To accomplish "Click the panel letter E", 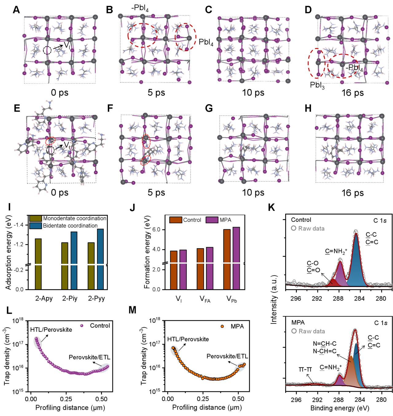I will [x=17, y=108].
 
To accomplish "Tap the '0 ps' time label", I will [x=60, y=192].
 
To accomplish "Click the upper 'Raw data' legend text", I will [x=311, y=228].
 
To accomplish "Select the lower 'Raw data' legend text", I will [x=312, y=331].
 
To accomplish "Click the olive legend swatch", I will [x=36, y=218].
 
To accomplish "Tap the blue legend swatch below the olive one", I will [x=36, y=226].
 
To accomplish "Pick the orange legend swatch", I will [x=176, y=220].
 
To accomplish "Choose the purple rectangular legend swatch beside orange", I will [x=212, y=220].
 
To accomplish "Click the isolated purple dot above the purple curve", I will [x=81, y=326].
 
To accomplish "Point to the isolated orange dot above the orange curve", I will [x=222, y=326].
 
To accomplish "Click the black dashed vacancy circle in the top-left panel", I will [x=47, y=50].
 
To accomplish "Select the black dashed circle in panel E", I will [x=50, y=150].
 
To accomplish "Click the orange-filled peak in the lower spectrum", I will [x=351, y=373].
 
